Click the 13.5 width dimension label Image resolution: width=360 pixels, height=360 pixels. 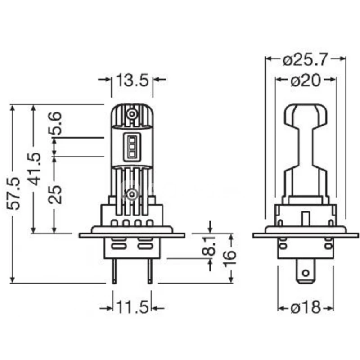[x=132, y=80]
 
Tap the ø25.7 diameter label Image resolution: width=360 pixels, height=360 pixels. [x=306, y=58]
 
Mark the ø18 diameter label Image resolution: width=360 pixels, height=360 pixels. [x=306, y=308]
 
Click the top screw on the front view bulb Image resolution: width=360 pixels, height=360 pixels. [x=132, y=114]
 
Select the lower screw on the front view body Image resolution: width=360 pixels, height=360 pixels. [x=132, y=194]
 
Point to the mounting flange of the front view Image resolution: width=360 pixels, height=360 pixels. [x=132, y=235]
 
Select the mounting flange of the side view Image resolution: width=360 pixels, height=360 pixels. [x=306, y=235]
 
